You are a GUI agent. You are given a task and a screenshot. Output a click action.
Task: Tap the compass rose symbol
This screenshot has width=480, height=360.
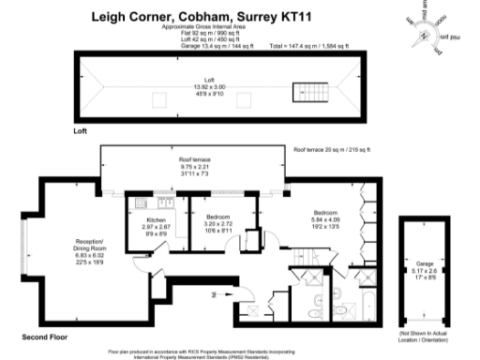[x=434, y=29]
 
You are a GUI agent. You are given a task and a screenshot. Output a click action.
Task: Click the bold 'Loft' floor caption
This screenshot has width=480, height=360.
[x=80, y=132]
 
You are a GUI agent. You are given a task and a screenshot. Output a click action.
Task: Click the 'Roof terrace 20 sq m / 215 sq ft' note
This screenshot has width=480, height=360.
[x=333, y=150]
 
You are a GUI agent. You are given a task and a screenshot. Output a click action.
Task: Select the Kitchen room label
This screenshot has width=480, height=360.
[x=154, y=227]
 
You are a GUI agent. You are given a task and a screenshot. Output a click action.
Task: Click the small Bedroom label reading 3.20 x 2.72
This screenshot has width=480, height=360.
[x=217, y=226]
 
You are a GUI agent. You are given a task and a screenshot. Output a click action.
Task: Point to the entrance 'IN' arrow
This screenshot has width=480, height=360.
[x=217, y=294]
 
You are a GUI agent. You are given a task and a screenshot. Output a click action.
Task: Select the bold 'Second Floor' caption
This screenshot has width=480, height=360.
[x=45, y=335]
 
